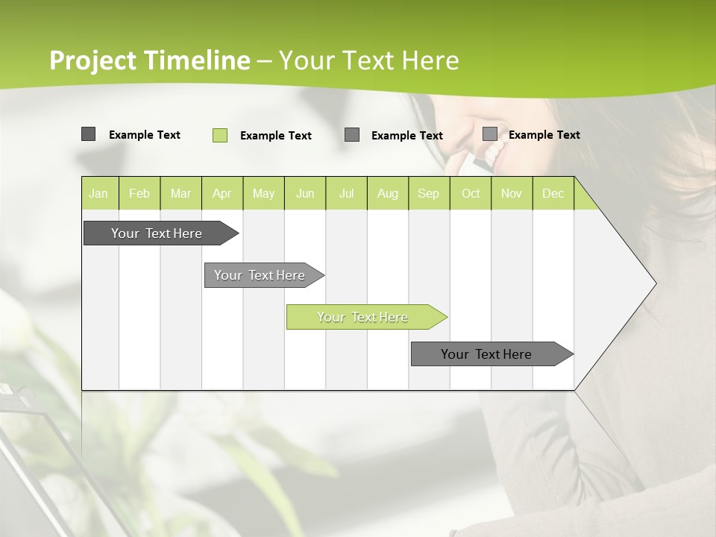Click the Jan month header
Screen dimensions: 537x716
pos(98,194)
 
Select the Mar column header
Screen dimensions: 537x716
pos(180,194)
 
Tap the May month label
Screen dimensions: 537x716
pos(263,194)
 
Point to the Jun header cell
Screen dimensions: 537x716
pos(305,194)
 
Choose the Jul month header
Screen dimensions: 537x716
pos(346,194)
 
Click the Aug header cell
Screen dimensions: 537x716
pos(388,194)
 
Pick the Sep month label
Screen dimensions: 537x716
pos(429,194)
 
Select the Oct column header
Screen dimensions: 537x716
pos(471,194)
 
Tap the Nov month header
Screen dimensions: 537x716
pos(512,194)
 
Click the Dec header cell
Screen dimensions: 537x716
pos(553,194)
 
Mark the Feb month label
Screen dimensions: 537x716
pos(139,194)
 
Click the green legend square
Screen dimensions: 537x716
pos(220,135)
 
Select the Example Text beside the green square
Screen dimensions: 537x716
pos(276,136)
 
